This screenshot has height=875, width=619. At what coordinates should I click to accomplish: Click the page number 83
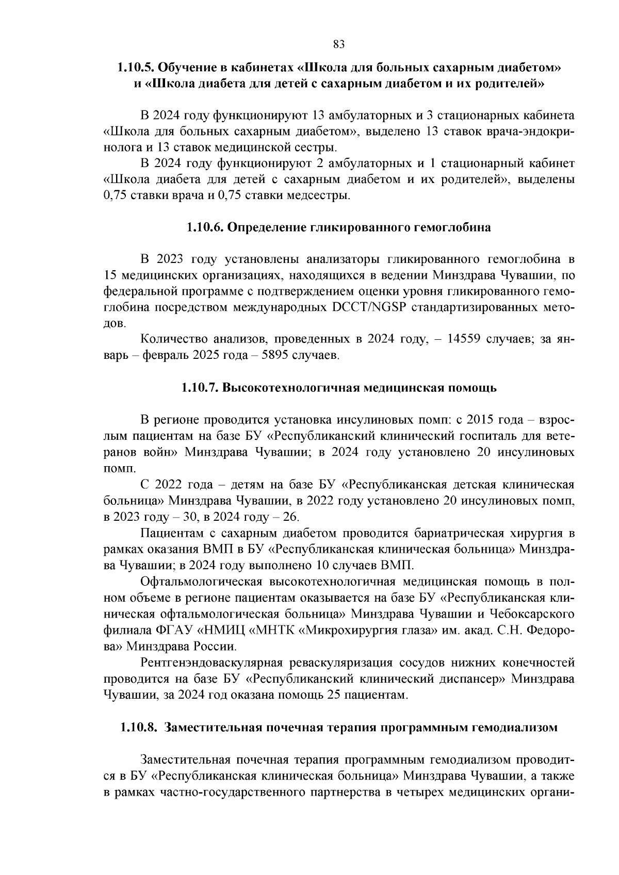(x=339, y=44)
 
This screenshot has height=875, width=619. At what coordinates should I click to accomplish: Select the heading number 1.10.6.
(x=205, y=227)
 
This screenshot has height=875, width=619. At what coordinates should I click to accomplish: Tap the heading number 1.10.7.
(x=200, y=388)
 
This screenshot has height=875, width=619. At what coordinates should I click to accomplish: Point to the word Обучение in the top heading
(x=185, y=68)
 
